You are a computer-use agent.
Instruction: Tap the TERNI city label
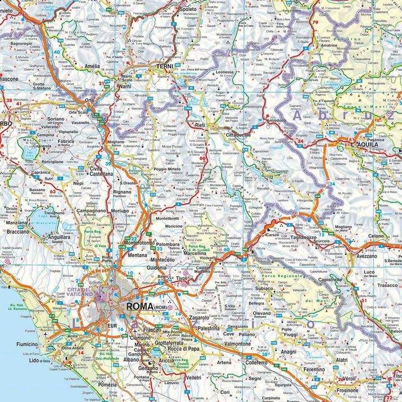165,66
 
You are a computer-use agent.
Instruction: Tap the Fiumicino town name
27,344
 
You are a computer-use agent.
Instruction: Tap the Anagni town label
289,352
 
